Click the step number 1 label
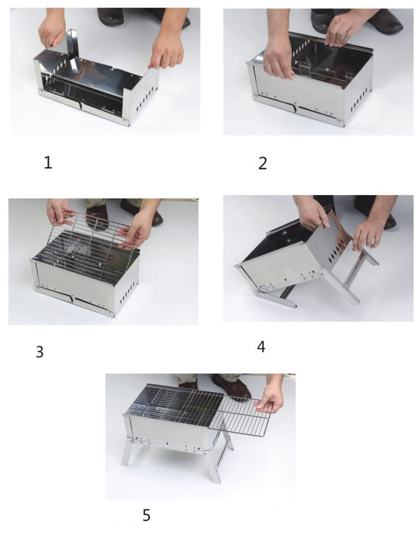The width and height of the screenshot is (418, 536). (48, 162)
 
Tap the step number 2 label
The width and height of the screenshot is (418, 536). (263, 163)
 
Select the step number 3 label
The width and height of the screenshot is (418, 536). (40, 352)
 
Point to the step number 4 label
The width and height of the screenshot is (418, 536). (261, 347)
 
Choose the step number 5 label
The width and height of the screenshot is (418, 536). (147, 515)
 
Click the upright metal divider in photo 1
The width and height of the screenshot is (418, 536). (72, 42)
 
